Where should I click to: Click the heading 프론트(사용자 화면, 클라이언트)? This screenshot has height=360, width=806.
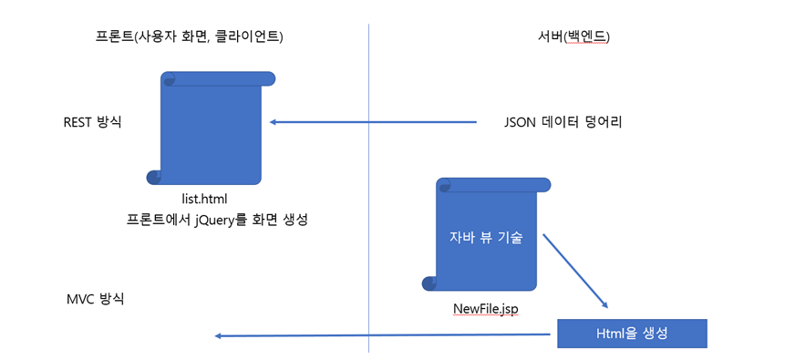189,37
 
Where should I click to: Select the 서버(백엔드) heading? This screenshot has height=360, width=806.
573,37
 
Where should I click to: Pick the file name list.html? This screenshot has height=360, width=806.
204,198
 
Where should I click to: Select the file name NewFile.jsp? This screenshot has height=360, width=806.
486,308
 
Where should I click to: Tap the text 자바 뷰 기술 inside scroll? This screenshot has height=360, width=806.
486,238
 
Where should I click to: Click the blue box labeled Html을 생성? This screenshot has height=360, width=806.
632,334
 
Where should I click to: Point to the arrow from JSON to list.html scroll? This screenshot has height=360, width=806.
374,122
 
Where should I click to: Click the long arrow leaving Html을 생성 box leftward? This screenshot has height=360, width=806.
383,335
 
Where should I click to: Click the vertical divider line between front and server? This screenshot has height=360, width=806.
368,182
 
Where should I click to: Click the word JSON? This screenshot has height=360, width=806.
521,121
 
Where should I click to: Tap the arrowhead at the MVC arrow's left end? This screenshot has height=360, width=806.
219,336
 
